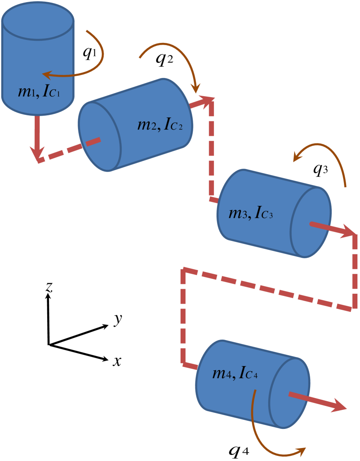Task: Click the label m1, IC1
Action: point(42,92)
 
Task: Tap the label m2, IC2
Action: point(159,125)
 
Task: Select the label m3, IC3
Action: point(250,213)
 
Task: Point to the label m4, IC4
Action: point(235,373)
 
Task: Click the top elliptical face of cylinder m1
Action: point(38,20)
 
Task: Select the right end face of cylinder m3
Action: point(311,222)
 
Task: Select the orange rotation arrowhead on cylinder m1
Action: point(47,75)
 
